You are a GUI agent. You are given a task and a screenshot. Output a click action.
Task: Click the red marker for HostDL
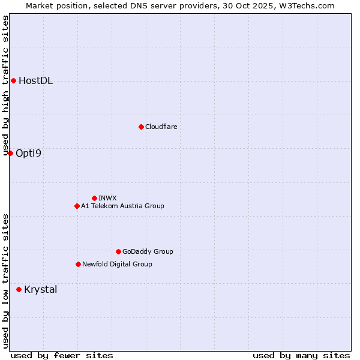click(13, 80)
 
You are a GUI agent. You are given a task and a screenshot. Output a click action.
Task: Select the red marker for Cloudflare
click(141, 127)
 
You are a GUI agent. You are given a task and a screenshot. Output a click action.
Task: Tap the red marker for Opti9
click(10, 153)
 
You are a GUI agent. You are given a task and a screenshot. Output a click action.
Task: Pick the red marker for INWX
click(94, 198)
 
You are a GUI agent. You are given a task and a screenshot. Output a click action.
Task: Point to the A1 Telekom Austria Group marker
click(77, 206)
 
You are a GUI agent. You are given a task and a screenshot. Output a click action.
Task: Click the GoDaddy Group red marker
click(118, 251)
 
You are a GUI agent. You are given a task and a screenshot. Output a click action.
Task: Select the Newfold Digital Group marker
click(78, 264)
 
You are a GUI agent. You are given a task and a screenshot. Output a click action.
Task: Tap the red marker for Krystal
click(19, 289)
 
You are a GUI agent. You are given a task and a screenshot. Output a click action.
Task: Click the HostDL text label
click(35, 81)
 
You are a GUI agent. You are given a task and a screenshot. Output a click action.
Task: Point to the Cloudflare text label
click(161, 127)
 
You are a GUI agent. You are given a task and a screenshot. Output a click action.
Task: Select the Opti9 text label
click(28, 154)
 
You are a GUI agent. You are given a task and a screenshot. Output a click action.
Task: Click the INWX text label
click(107, 198)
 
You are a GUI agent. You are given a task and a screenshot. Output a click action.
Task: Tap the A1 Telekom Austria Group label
click(122, 206)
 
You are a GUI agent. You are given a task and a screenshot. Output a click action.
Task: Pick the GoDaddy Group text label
click(148, 252)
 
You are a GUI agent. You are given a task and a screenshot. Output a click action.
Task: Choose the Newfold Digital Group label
click(117, 265)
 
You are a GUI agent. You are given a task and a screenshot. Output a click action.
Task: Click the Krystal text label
click(40, 290)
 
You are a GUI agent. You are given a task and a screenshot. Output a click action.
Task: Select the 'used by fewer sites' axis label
click(61, 355)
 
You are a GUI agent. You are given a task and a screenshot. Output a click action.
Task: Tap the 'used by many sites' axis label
click(301, 355)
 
